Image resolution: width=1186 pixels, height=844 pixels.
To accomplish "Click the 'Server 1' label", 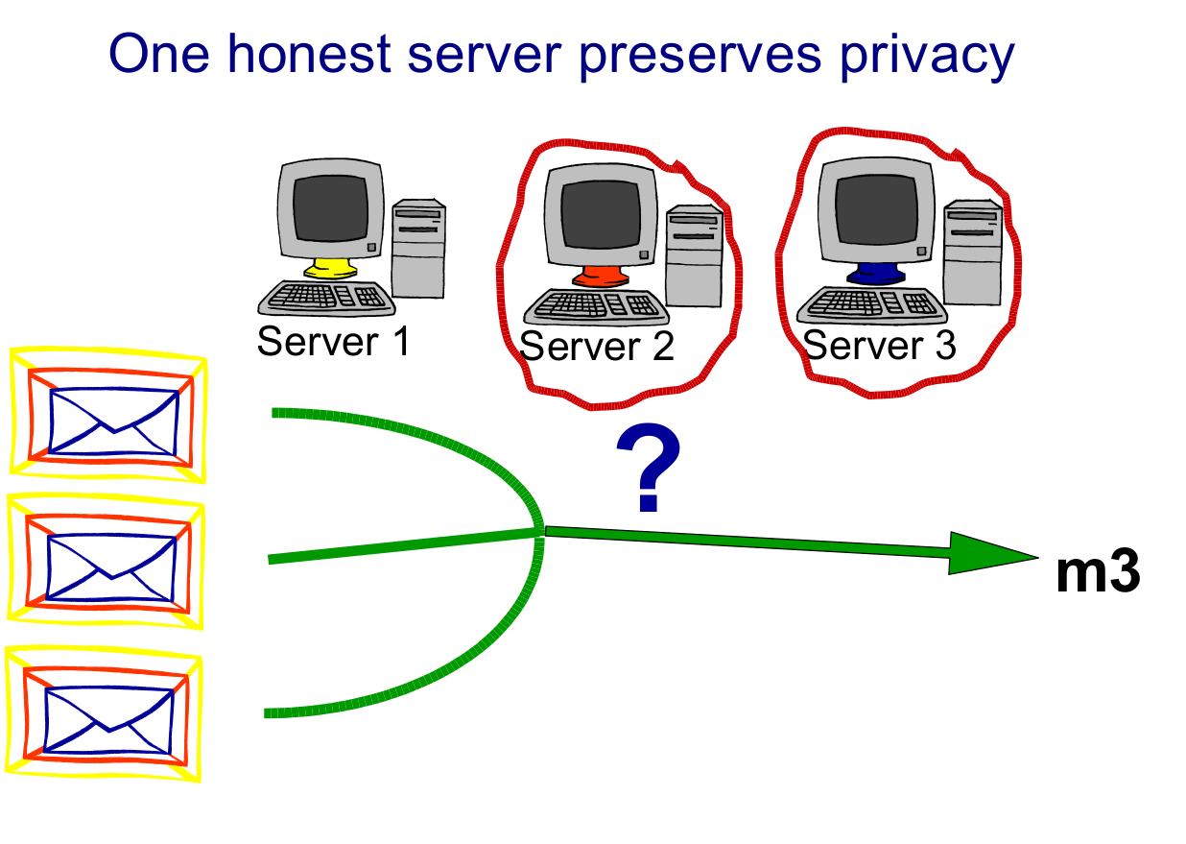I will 333,340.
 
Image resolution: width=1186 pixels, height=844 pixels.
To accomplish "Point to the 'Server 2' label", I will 597,346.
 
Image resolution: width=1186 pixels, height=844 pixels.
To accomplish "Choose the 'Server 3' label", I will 879,344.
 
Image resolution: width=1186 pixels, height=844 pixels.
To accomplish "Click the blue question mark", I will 649,470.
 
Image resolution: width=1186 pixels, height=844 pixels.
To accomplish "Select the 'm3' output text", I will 1097,573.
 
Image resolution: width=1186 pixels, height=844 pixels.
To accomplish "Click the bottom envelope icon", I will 107,711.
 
